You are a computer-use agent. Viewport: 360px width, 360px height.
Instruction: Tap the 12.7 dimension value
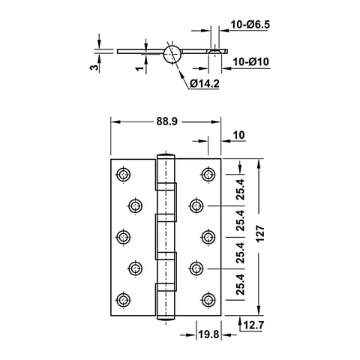(x=253, y=325)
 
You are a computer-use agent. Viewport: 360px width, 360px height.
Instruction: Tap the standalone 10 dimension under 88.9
(x=239, y=136)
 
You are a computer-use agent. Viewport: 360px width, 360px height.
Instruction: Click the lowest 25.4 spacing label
(x=239, y=285)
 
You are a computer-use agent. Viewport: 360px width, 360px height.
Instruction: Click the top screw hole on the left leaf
(x=122, y=175)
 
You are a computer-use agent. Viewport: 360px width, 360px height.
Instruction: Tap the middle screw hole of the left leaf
(x=122, y=236)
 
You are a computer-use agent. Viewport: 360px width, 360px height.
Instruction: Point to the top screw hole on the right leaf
(x=206, y=175)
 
